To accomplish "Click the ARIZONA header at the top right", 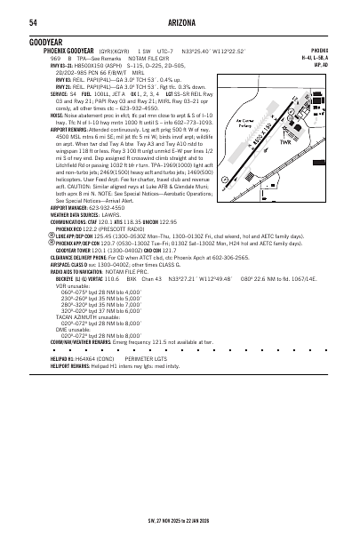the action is pos(180,21).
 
